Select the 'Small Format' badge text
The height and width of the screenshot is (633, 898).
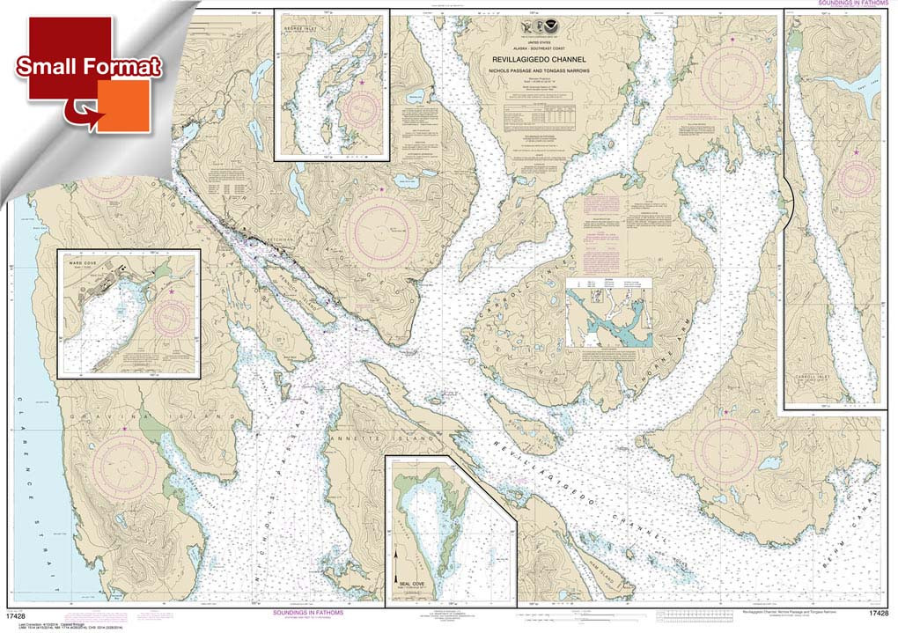click(x=88, y=67)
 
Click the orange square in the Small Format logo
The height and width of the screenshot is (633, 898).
click(x=123, y=106)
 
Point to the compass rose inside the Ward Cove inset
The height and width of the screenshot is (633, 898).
click(x=172, y=318)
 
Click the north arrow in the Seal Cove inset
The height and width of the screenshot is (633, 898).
click(x=397, y=563)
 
